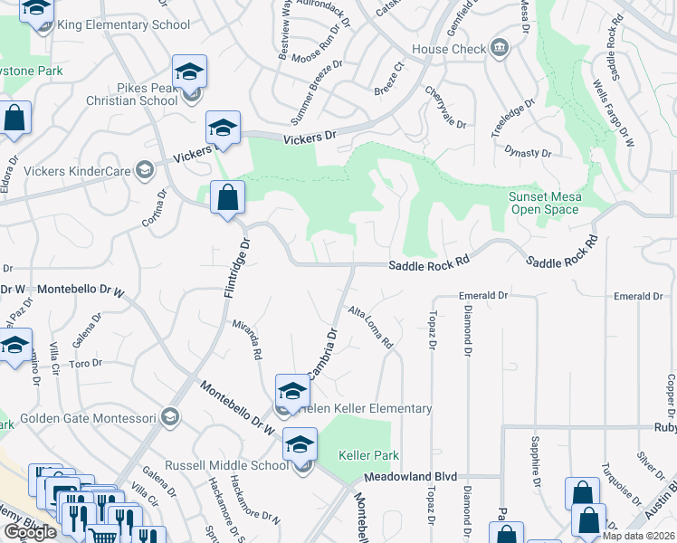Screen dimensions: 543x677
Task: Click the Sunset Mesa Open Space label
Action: [544, 203]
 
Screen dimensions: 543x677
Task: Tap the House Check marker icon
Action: [499, 48]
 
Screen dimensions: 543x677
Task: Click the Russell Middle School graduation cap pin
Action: [300, 444]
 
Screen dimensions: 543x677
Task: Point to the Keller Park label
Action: [368, 455]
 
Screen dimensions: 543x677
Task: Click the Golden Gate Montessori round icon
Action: [169, 417]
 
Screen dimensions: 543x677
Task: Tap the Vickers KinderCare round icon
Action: [143, 169]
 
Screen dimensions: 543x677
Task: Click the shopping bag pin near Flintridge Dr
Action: [227, 198]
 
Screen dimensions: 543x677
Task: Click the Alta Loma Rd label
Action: [371, 329]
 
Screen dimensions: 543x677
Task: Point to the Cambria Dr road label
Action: [321, 355]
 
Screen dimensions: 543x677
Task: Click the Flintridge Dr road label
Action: [235, 269]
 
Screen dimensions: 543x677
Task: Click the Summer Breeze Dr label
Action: [318, 92]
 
